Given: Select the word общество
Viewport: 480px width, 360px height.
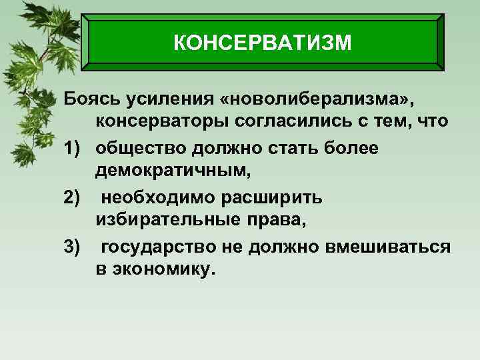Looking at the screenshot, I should click(x=140, y=148).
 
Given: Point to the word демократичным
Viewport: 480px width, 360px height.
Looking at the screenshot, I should click(x=173, y=173).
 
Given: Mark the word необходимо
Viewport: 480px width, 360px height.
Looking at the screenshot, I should click(x=157, y=197).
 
